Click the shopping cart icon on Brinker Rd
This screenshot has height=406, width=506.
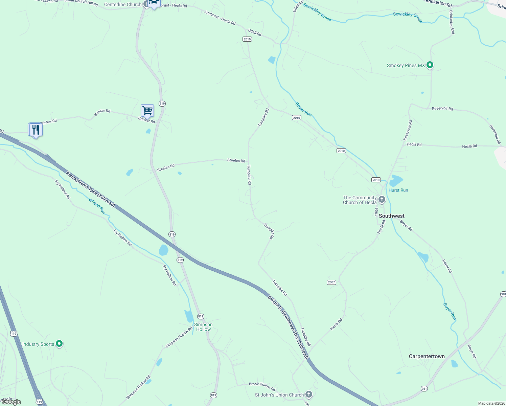pos(147,111)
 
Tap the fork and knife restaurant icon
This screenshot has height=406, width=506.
pos(35,130)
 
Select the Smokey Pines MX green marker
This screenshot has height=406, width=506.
pos(430,65)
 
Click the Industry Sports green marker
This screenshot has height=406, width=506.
pos(59,344)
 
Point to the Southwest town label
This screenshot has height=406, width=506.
pos(391,216)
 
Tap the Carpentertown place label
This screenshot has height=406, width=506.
pos(427,356)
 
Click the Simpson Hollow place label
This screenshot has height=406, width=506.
pos(203,327)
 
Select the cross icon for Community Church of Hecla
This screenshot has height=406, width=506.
pos(382,200)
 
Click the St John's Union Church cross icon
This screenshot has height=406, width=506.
pos(308,394)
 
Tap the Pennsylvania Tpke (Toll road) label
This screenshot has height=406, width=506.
pos(90,189)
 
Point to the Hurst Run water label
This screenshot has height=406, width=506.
pos(398,190)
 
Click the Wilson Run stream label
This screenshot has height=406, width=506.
pos(97,206)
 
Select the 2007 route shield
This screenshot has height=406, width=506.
pos(331,282)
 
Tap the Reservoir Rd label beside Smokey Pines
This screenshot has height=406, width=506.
pos(442,109)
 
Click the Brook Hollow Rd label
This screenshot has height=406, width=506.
pos(262,386)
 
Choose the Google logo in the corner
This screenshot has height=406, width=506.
pos(11,402)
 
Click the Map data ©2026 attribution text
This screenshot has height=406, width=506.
pos(490,403)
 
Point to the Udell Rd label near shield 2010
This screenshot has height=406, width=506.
pos(255,32)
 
